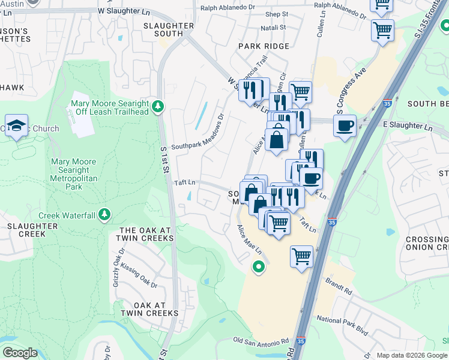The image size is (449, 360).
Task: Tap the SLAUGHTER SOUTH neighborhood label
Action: coord(169,29)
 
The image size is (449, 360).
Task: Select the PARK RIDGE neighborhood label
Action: coord(264,46)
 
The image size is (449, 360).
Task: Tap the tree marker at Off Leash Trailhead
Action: coord(158,107)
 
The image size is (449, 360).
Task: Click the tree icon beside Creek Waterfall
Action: coord(105,214)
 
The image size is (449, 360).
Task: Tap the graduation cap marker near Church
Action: coord(17,125)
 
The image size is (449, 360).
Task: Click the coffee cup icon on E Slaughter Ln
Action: coord(345,126)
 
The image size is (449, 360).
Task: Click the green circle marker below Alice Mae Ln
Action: coord(259,267)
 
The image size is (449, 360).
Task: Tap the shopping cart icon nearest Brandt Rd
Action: coord(301,256)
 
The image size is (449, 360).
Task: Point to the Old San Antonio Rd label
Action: coord(261,341)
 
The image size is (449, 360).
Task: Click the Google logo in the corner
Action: coord(20,353)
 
